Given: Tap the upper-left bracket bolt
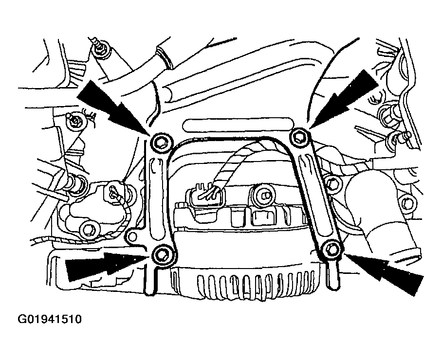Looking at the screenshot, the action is tap(161, 142).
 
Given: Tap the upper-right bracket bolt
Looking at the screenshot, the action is tap(299, 137).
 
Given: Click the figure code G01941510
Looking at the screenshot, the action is tap(50, 320).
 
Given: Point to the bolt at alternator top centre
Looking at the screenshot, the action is tap(262, 195).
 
